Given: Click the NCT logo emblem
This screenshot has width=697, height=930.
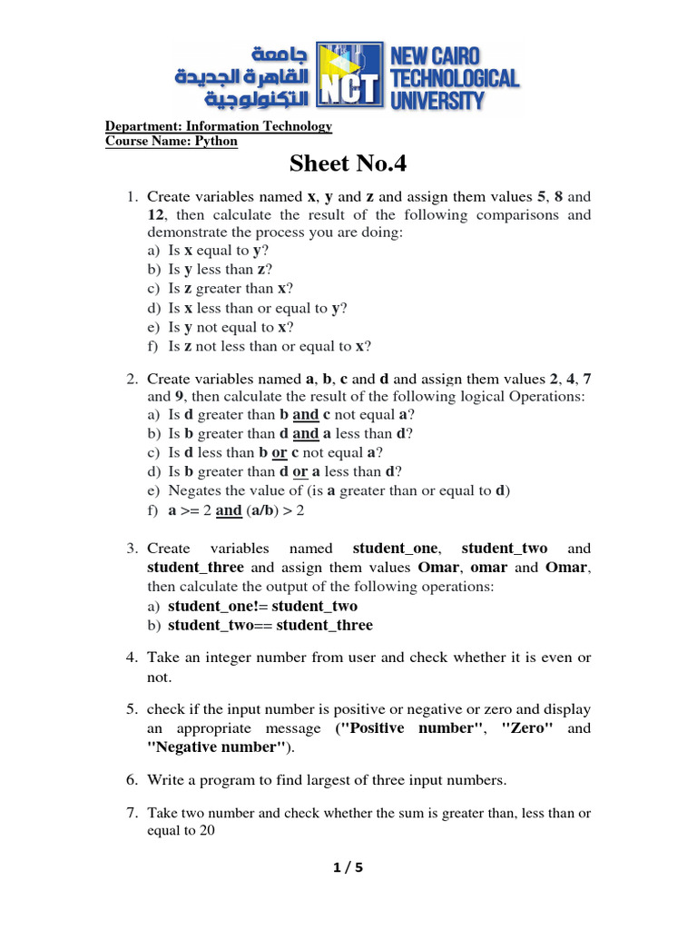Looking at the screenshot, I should pyautogui.click(x=351, y=78).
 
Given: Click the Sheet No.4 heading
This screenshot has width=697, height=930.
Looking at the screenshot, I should pyautogui.click(x=348, y=163).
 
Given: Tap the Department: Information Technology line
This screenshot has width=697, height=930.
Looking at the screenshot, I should pyautogui.click(x=219, y=126).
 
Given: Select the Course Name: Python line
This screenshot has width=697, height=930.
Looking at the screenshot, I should pyautogui.click(x=172, y=142).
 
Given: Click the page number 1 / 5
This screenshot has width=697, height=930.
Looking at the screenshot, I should pyautogui.click(x=348, y=868).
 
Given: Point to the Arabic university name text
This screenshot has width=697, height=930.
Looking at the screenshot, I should pyautogui.click(x=242, y=76).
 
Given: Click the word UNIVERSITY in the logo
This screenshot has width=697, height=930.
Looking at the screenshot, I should pyautogui.click(x=437, y=100).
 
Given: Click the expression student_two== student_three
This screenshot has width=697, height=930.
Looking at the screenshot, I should pyautogui.click(x=270, y=626).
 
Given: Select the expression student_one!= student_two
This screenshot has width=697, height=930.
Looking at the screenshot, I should pyautogui.click(x=263, y=606).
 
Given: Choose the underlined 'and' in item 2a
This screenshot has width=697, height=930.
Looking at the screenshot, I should pyautogui.click(x=306, y=414).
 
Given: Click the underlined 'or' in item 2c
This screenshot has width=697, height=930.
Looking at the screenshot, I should pyautogui.click(x=280, y=452).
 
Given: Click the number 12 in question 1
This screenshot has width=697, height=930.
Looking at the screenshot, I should pyautogui.click(x=156, y=215).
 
